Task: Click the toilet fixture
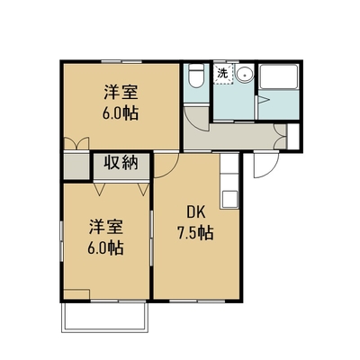tap(196, 76)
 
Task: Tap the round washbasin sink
tap(244, 73)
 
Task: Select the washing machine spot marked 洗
tap(223, 74)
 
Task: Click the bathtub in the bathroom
tap(279, 76)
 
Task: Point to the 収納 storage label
tap(121, 163)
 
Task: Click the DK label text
tap(195, 212)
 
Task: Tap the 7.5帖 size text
tap(195, 233)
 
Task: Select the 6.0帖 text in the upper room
tap(121, 113)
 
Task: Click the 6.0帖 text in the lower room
tap(105, 247)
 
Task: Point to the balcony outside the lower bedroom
tap(105, 317)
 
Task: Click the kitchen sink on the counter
tap(229, 199)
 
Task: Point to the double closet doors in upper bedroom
tap(76, 143)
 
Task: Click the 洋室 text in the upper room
tap(121, 93)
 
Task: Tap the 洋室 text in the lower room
tap(105, 227)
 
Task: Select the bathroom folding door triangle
tap(263, 100)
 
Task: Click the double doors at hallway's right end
tap(281, 136)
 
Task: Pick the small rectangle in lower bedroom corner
tap(76, 294)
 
